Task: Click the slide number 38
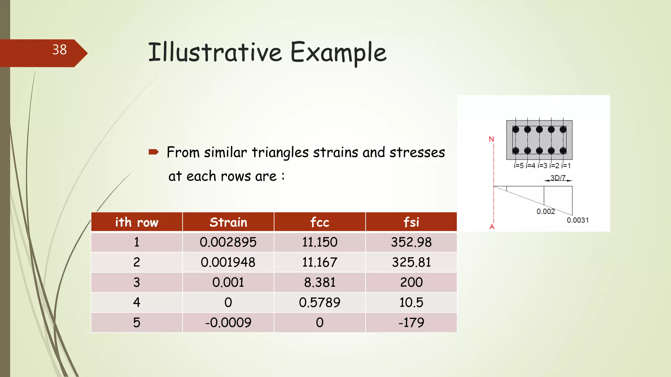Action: pyautogui.click(x=59, y=50)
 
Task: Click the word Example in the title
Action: pyautogui.click(x=338, y=52)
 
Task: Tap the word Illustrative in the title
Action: pyautogui.click(x=215, y=52)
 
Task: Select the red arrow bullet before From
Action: pyautogui.click(x=153, y=152)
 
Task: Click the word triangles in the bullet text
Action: pyautogui.click(x=280, y=153)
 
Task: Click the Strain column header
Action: pyautogui.click(x=228, y=222)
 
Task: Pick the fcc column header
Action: pyautogui.click(x=319, y=222)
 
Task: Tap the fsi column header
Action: pyautogui.click(x=411, y=222)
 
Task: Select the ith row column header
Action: pyautogui.click(x=137, y=222)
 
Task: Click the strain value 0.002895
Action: pyautogui.click(x=228, y=242)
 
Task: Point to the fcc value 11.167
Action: pyautogui.click(x=319, y=262)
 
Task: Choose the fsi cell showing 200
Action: pyautogui.click(x=411, y=282)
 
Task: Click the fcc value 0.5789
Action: pyautogui.click(x=319, y=302)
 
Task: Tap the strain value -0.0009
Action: pyautogui.click(x=228, y=323)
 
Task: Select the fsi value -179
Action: pyautogui.click(x=411, y=323)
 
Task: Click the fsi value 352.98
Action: pyautogui.click(x=411, y=242)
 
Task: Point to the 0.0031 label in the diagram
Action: pyautogui.click(x=578, y=220)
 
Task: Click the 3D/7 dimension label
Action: pyautogui.click(x=558, y=178)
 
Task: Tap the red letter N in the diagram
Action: pyautogui.click(x=491, y=139)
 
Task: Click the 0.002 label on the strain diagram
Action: pyautogui.click(x=546, y=211)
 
